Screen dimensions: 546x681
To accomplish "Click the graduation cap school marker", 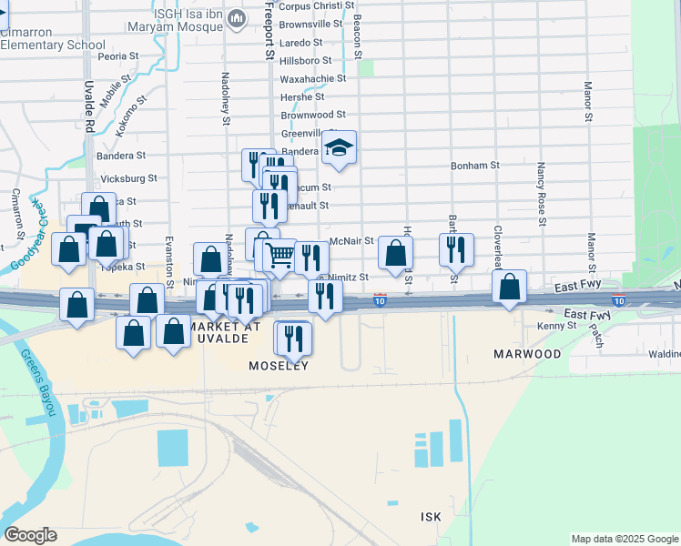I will [x=339, y=149].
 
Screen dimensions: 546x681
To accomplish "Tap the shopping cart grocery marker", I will [x=280, y=257].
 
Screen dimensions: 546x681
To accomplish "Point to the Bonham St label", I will [x=475, y=166].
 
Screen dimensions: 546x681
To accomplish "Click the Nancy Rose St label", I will [x=541, y=194].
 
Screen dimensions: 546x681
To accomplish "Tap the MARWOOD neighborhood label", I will [x=527, y=353].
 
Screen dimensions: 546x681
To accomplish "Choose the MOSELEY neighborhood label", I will [x=279, y=366].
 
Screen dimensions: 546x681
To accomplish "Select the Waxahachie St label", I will [x=313, y=78].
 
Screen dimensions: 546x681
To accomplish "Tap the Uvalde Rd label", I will [x=89, y=107].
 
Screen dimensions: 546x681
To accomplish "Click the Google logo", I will [x=30, y=535].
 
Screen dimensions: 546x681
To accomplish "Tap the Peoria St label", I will [x=117, y=56].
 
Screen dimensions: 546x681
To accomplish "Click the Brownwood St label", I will [x=312, y=115].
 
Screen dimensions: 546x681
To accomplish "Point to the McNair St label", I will [x=351, y=241].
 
